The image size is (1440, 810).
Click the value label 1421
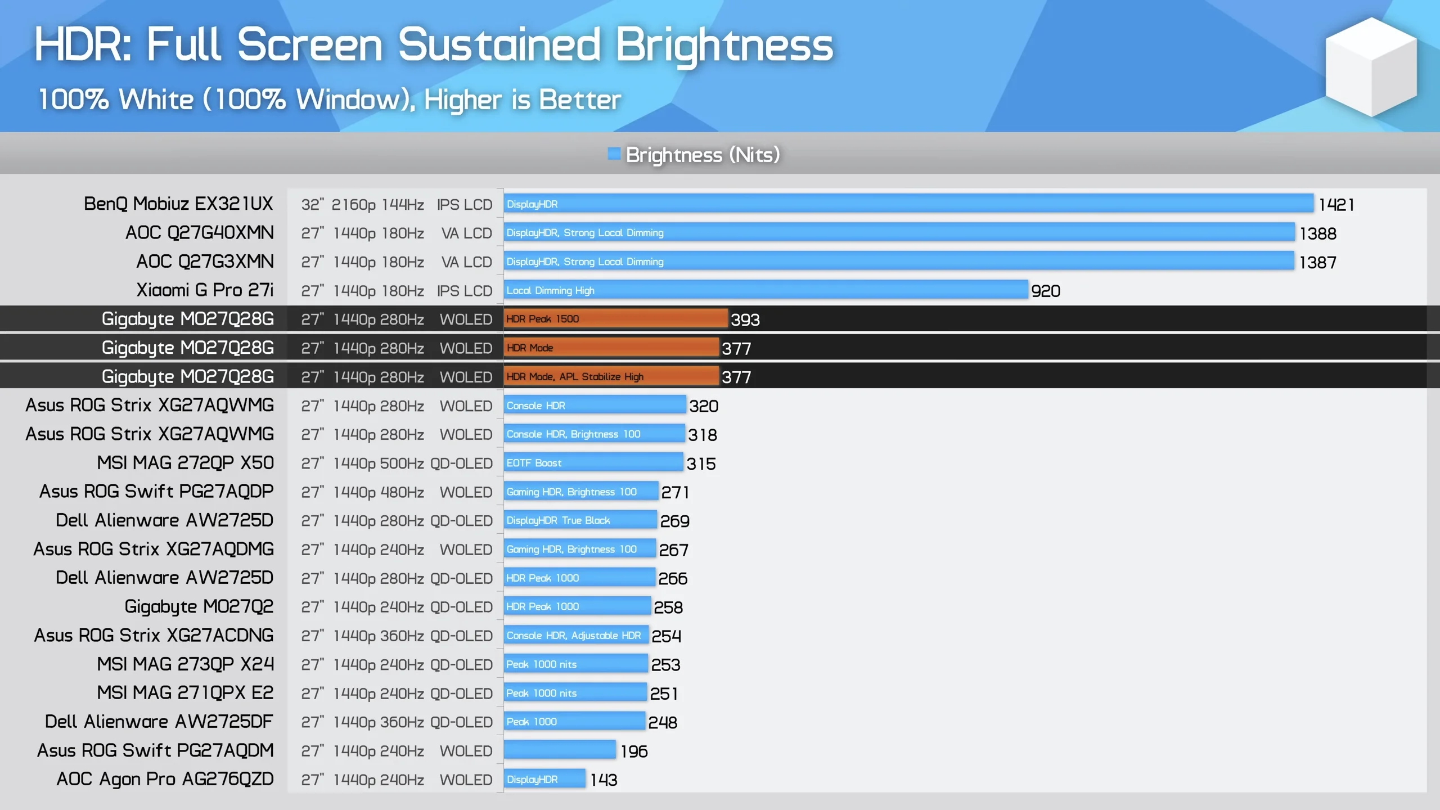pos(1336,205)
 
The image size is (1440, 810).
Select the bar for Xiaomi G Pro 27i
pos(765,290)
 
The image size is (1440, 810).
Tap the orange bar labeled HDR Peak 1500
pos(615,319)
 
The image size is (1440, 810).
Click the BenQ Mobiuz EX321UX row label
pos(178,204)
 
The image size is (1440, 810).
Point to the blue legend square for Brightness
pos(614,154)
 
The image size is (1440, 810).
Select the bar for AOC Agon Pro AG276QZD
pos(544,779)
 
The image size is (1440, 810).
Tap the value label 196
pos(634,751)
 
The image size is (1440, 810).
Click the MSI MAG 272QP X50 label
pos(185,463)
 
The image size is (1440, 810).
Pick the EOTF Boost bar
pos(593,463)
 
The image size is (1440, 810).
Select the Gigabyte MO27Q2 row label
pos(199,607)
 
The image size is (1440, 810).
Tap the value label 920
pos(1045,291)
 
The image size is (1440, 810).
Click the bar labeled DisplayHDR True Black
pos(579,520)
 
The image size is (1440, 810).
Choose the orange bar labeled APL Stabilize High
pos(611,377)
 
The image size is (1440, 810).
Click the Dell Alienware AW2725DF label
pos(159,722)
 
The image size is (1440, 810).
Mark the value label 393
pos(745,319)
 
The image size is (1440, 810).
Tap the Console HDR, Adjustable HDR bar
pos(575,636)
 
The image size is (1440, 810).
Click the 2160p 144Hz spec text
pos(377,205)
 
